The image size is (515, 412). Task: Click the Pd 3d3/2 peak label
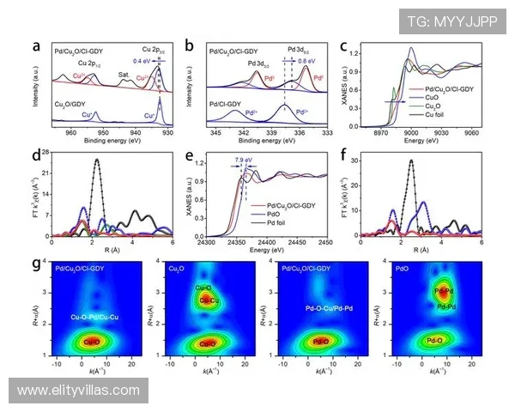[x=259, y=63]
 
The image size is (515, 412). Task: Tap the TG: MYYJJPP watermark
[x=452, y=20]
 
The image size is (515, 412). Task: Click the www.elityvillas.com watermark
[x=78, y=391]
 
